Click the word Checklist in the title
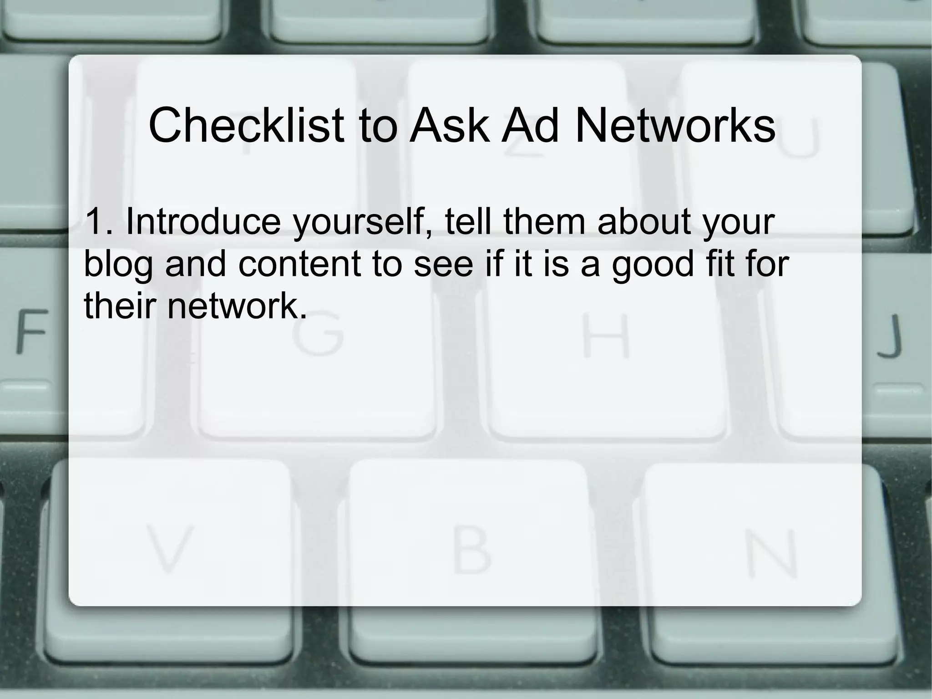click(246, 125)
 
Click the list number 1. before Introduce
click(97, 222)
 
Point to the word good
click(652, 265)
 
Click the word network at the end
click(237, 306)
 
